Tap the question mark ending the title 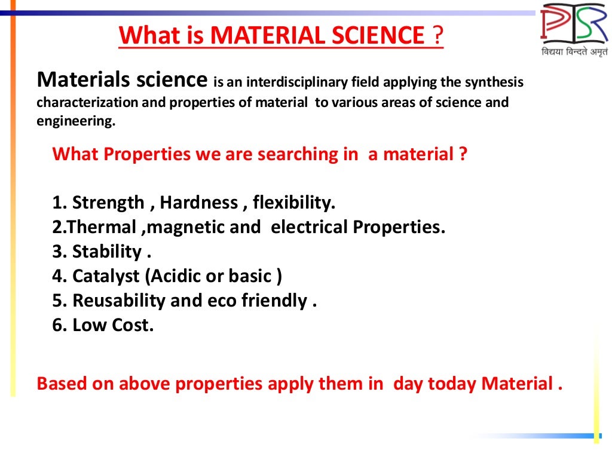(438, 36)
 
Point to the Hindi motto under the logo (574, 52)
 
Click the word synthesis (495, 82)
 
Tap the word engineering (74, 121)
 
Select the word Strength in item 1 (108, 203)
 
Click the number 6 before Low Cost (57, 325)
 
